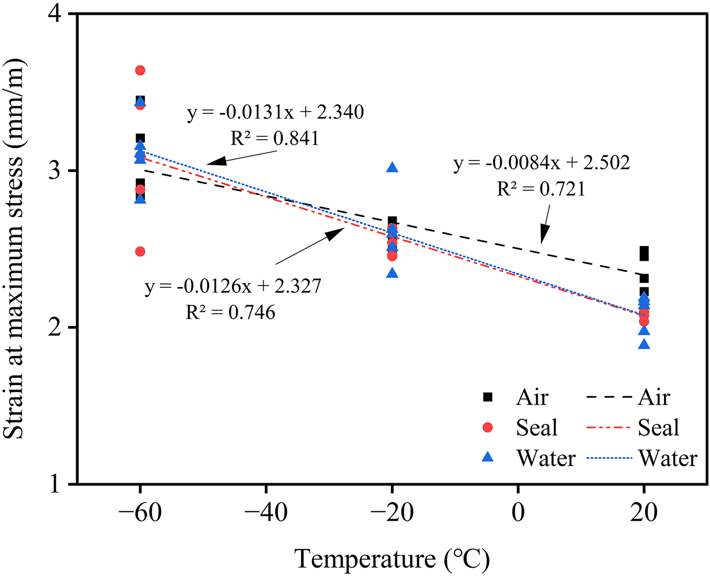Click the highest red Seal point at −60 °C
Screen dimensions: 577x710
coord(140,71)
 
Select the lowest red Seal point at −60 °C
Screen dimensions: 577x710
coord(140,251)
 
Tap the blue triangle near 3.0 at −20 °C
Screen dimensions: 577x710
coord(392,168)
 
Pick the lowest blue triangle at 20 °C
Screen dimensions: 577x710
coord(644,345)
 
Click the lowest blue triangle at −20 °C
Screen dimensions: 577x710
coord(392,273)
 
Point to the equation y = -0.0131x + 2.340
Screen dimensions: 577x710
coord(275,113)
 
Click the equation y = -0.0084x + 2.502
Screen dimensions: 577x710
coord(541,163)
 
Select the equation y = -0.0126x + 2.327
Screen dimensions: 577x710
coord(233,286)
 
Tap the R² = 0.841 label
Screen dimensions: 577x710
coord(275,138)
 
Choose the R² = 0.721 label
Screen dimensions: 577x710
coord(541,189)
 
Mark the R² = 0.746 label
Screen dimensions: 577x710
coord(231,312)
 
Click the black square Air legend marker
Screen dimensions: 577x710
coord(488,398)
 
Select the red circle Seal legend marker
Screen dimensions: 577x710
coord(488,428)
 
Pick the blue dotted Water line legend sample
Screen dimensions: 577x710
coord(609,458)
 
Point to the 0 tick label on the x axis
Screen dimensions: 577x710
coord(518,513)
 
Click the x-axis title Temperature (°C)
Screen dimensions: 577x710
coord(392,559)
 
